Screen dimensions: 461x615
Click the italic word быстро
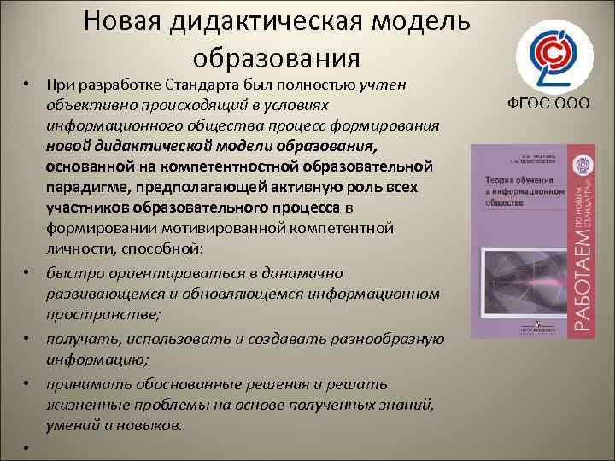click(67, 273)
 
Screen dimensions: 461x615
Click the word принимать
click(81, 383)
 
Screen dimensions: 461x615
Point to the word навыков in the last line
click(150, 424)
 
